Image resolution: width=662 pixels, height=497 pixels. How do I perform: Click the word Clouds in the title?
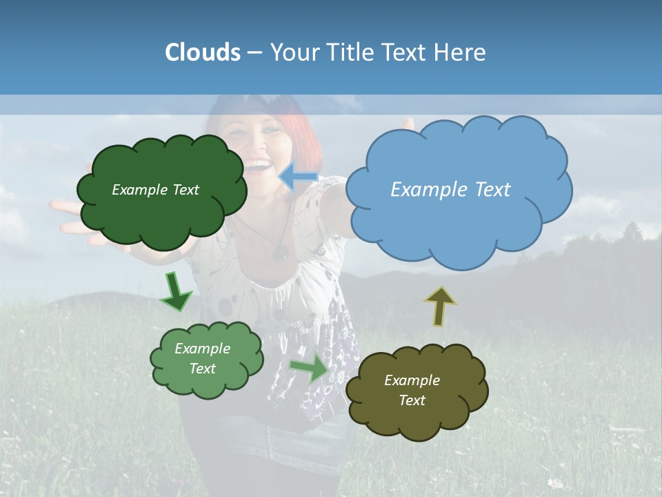[x=203, y=52]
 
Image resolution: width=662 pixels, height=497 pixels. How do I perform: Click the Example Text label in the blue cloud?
[x=450, y=189]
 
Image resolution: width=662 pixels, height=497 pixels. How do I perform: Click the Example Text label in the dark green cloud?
[x=155, y=190]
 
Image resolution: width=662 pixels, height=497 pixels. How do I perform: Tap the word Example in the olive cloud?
[x=412, y=380]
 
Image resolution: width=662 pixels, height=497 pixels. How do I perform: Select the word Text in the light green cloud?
[x=203, y=369]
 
